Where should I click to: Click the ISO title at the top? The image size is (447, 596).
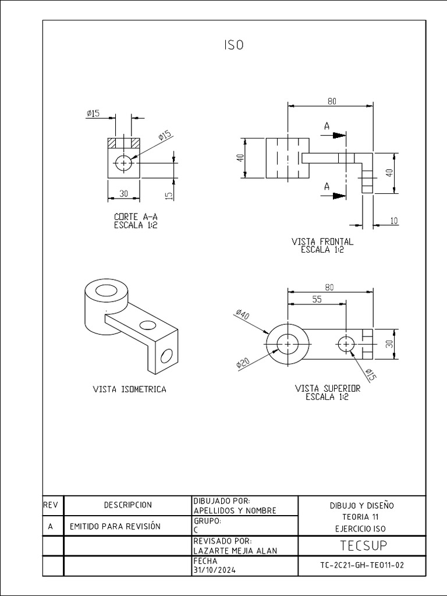233,46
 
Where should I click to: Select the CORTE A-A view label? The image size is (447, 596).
136,217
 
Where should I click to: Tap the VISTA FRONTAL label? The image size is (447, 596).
322,241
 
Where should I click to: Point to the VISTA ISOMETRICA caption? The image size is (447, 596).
129,389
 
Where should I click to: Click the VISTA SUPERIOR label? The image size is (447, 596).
328,388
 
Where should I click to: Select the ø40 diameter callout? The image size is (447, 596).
243,316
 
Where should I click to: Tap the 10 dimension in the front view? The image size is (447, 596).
395,220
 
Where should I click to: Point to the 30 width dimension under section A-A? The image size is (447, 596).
123,193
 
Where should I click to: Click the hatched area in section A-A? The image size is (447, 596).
123,143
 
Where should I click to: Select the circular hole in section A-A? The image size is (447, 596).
123,164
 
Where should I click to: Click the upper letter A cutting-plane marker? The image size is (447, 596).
327,126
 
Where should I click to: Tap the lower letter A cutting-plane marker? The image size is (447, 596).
327,187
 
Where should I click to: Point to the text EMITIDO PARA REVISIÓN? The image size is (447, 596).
115,526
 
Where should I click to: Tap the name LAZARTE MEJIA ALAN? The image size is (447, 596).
235,551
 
